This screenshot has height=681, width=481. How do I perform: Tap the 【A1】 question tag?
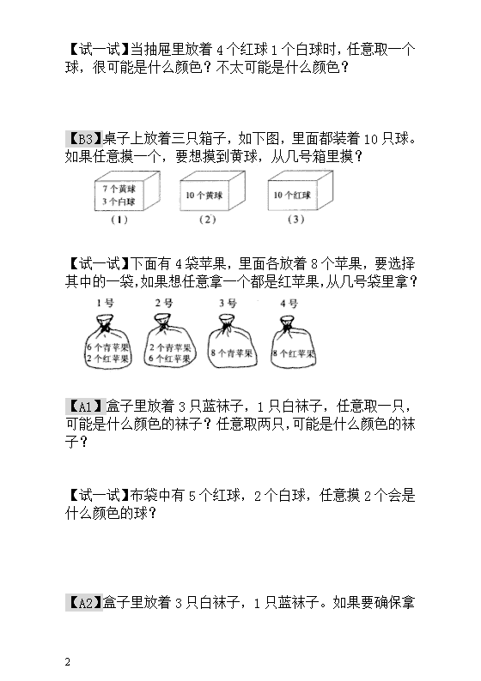click(85, 406)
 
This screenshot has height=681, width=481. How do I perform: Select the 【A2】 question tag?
click(84, 603)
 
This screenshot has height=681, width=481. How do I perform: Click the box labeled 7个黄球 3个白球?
click(127, 191)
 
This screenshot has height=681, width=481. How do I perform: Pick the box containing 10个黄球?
click(212, 191)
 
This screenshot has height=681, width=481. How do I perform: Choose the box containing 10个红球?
click(300, 191)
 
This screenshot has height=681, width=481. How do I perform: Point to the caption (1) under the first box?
click(119, 220)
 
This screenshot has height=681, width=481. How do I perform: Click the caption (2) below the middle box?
click(208, 220)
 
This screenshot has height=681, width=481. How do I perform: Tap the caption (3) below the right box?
click(295, 220)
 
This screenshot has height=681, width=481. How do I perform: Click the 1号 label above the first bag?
click(106, 303)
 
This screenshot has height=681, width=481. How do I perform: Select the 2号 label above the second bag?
click(164, 303)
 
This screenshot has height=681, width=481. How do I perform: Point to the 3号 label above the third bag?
click(228, 303)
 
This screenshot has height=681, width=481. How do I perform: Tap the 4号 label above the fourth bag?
click(289, 303)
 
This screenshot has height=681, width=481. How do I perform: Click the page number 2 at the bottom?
click(67, 662)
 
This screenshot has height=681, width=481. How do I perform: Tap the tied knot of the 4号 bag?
click(286, 322)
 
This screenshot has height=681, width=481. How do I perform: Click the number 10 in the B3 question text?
click(371, 140)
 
